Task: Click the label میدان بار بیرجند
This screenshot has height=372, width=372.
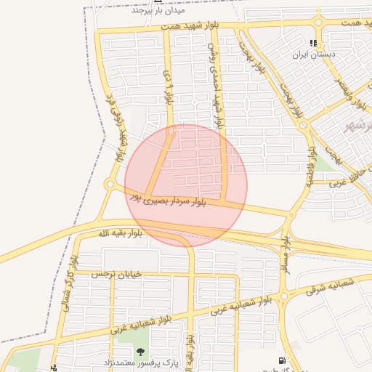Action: coord(159,11)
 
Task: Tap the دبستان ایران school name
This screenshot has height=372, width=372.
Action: coord(312,54)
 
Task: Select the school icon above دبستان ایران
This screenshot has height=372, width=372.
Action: coord(313,44)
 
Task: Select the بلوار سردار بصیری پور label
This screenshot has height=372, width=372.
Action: coord(169,198)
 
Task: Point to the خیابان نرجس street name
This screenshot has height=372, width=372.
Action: coord(114,274)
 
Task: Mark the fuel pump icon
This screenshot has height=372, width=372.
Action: coord(281,361)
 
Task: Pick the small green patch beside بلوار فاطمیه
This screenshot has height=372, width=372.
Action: coord(325,162)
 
